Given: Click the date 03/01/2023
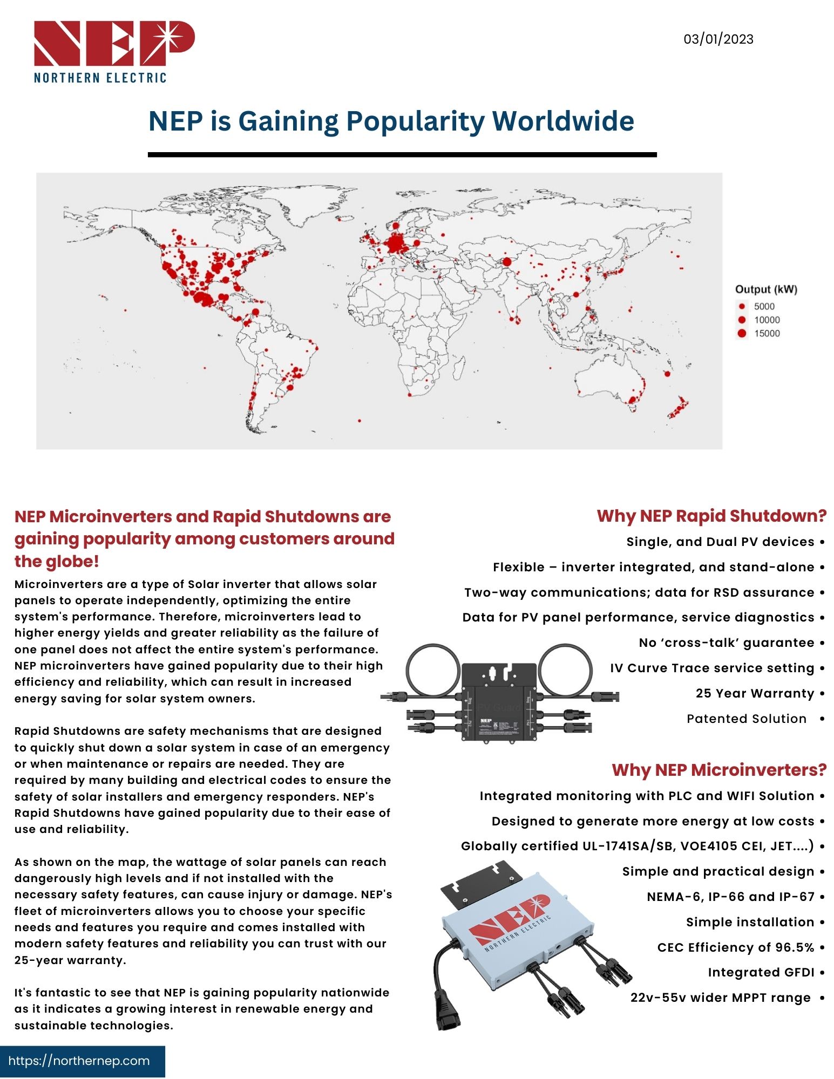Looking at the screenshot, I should pyautogui.click(x=718, y=39).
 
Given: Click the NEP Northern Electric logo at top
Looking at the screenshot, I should pyautogui.click(x=114, y=52).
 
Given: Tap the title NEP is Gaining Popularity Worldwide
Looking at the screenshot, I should pyautogui.click(x=391, y=121).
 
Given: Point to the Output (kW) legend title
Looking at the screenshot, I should pyautogui.click(x=765, y=289).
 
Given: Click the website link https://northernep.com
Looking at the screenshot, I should pyautogui.click(x=79, y=1061).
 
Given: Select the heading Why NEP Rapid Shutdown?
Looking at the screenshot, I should pyautogui.click(x=711, y=516).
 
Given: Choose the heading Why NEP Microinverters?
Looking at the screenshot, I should pyautogui.click(x=719, y=769).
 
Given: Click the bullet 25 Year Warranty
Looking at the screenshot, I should pyautogui.click(x=755, y=693).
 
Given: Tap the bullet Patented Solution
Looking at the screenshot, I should pyautogui.click(x=747, y=719).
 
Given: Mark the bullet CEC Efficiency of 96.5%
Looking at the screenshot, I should pyautogui.click(x=735, y=947).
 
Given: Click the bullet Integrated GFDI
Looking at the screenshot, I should pyautogui.click(x=761, y=972).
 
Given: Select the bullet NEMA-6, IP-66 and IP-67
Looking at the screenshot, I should pyautogui.click(x=730, y=897).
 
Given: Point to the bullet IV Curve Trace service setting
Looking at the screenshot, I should pyautogui.click(x=712, y=668).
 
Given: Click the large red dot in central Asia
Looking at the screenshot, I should pyautogui.click(x=507, y=262).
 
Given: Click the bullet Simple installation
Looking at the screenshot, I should pyautogui.click(x=750, y=922).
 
